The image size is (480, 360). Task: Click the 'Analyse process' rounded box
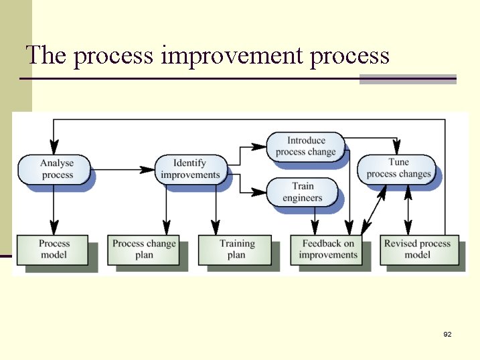click(56, 169)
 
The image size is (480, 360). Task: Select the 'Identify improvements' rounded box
click(190, 169)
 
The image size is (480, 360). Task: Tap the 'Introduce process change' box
click(306, 146)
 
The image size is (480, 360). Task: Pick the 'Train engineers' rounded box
click(302, 192)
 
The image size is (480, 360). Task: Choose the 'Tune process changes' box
click(398, 168)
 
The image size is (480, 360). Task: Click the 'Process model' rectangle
click(54, 249)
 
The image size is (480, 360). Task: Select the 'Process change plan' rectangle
click(144, 249)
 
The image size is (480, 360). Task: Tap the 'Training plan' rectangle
click(236, 249)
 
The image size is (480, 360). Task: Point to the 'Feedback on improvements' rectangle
click(327, 249)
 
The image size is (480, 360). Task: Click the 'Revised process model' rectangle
click(418, 249)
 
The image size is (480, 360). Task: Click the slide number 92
click(447, 334)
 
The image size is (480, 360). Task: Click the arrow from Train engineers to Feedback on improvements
click(315, 219)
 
